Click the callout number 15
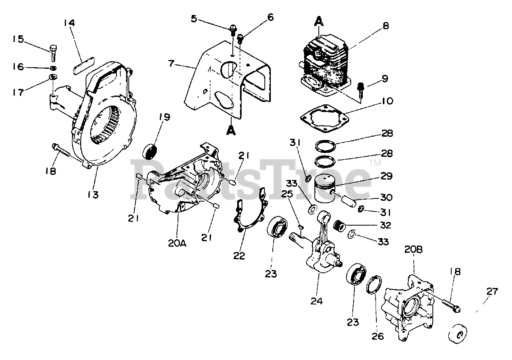(18, 39)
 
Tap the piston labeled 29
(328, 188)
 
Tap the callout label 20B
(413, 250)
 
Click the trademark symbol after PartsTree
(375, 163)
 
